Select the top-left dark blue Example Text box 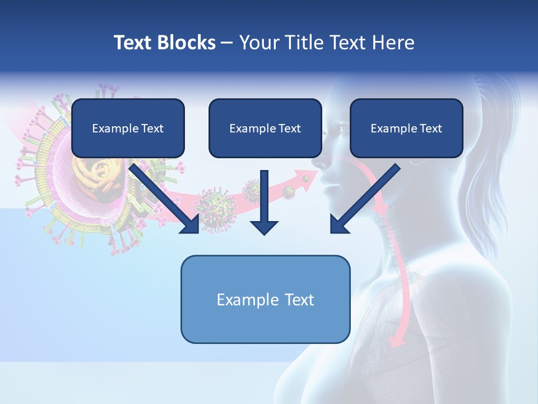tap(128, 128)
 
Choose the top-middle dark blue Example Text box tap(265, 128)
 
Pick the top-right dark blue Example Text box tap(406, 128)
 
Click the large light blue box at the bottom tap(265, 299)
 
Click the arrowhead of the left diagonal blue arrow tap(191, 224)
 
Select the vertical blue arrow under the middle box tap(265, 202)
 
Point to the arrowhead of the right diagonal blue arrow tap(339, 224)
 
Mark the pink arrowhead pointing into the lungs tap(397, 339)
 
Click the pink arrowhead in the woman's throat tap(382, 209)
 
